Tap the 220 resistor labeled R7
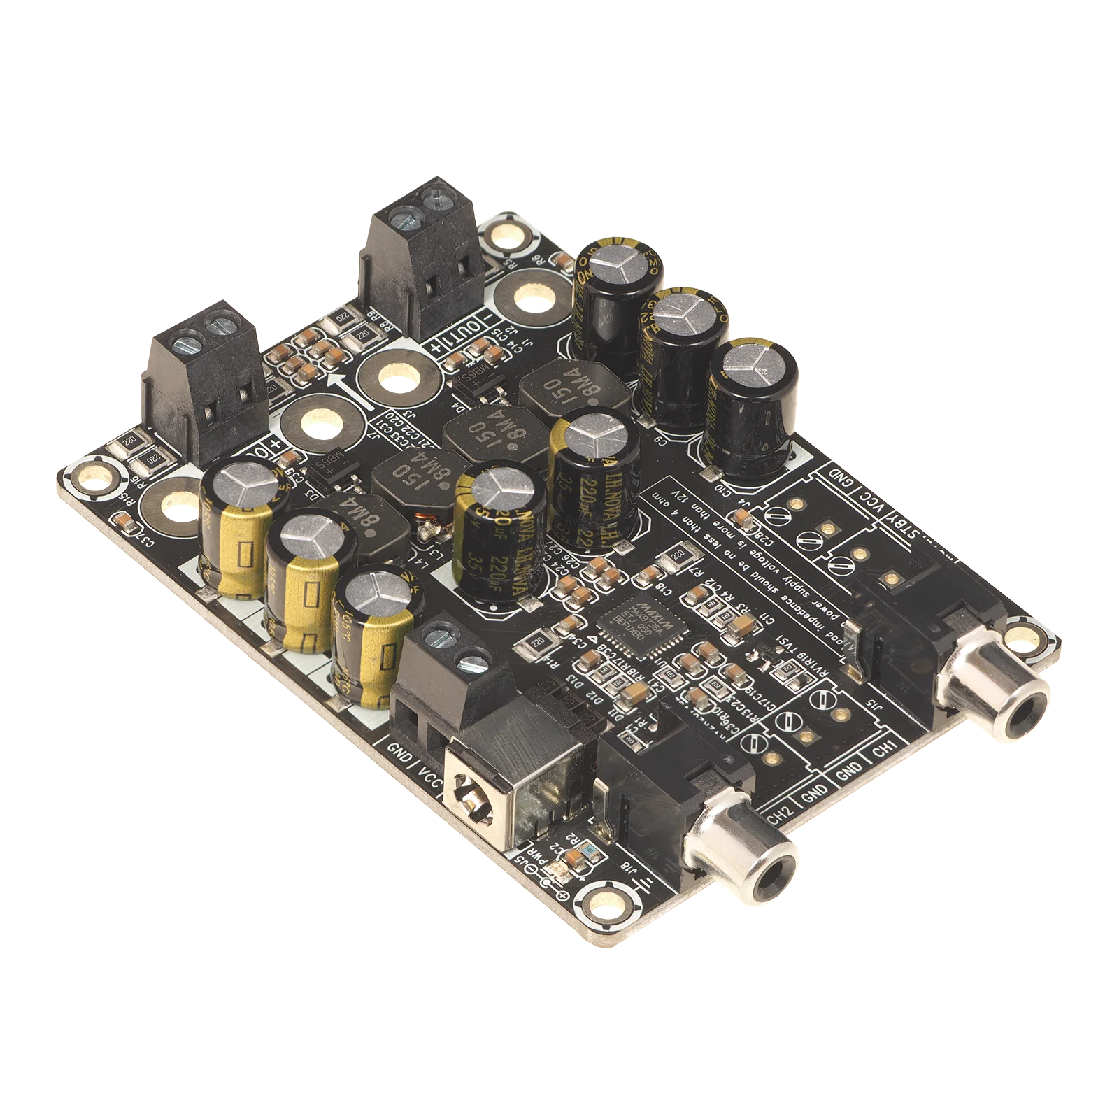coord(676,555)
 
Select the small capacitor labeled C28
coord(743,520)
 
